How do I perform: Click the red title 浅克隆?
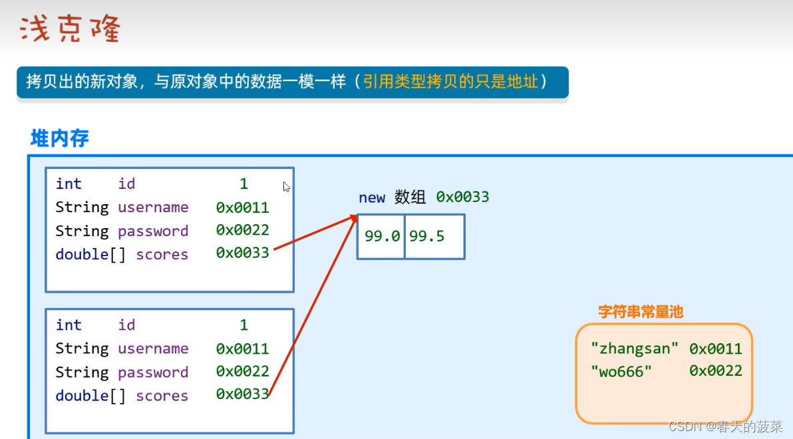70,30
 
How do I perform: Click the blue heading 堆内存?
60,138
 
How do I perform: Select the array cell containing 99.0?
381,237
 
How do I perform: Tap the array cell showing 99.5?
427,237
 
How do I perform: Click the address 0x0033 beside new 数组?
462,197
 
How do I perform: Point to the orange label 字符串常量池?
641,311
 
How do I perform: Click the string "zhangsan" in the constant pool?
635,348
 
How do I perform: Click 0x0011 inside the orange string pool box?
715,348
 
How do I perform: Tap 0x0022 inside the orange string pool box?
715,370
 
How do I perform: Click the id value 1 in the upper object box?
243,184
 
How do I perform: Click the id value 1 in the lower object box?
243,325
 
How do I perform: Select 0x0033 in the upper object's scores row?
242,253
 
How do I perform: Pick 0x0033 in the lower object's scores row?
242,394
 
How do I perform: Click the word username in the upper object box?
153,208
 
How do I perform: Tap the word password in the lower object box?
153,372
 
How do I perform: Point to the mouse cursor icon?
287,188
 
